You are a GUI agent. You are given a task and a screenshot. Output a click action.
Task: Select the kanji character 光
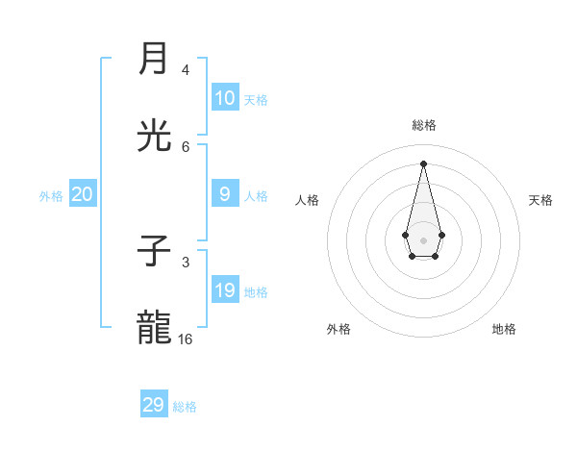point(154,136)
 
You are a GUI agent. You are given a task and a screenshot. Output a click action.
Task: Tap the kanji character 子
point(154,252)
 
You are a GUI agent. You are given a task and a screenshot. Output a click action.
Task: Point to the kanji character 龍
point(154,328)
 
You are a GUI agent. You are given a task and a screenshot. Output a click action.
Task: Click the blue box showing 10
point(225,98)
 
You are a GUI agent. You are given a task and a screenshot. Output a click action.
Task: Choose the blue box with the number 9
point(225,194)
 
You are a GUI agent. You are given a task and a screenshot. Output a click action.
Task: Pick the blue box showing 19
point(225,290)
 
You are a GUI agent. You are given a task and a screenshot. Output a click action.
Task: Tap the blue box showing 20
point(83,194)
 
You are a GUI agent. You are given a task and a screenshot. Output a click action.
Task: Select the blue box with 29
point(154,405)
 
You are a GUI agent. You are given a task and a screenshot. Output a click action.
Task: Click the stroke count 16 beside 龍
point(186,339)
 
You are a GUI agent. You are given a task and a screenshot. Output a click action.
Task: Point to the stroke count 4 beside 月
point(186,70)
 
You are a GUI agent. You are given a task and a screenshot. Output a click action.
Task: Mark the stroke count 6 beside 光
point(186,146)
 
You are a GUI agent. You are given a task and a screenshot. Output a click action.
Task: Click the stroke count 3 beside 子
point(186,263)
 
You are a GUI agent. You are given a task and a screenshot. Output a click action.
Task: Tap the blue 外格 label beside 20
point(51,195)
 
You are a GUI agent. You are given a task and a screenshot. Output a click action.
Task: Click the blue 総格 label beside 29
point(185,407)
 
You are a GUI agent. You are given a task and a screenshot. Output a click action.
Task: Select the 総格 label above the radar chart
point(424,125)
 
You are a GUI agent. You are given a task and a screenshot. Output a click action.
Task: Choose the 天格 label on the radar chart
point(540,200)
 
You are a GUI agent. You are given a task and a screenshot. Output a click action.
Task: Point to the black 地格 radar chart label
point(504,329)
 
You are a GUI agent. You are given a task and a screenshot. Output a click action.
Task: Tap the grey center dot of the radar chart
point(423,239)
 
